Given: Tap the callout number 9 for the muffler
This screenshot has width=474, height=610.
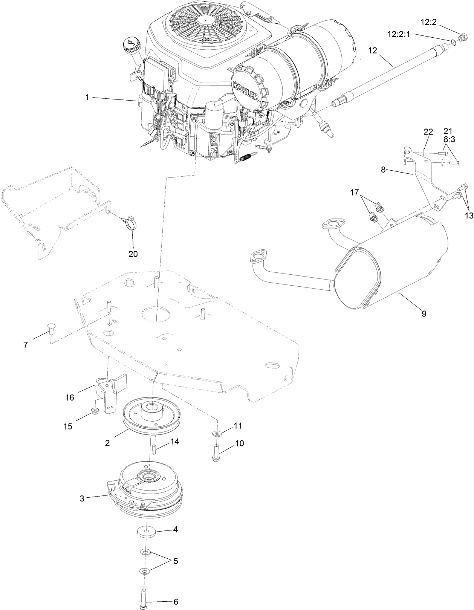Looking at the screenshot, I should click(424, 313).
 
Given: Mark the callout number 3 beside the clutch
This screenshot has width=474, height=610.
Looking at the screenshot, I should click(82, 498).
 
